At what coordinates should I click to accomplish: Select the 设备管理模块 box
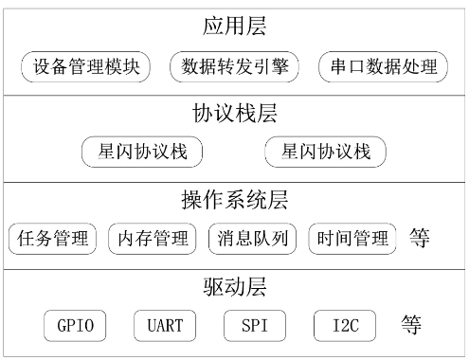tap(86, 67)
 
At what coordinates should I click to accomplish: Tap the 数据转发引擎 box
tap(234, 67)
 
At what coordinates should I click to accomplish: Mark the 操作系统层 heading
tap(233, 200)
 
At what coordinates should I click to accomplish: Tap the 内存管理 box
tap(153, 238)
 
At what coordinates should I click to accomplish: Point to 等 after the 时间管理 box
tap(420, 237)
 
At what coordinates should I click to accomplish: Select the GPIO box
tap(75, 326)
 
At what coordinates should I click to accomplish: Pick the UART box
tap(165, 326)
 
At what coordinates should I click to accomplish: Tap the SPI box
tap(255, 326)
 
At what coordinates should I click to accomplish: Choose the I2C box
tap(344, 326)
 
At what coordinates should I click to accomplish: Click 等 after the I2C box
tap(410, 325)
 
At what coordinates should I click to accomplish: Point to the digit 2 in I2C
tap(344, 326)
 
